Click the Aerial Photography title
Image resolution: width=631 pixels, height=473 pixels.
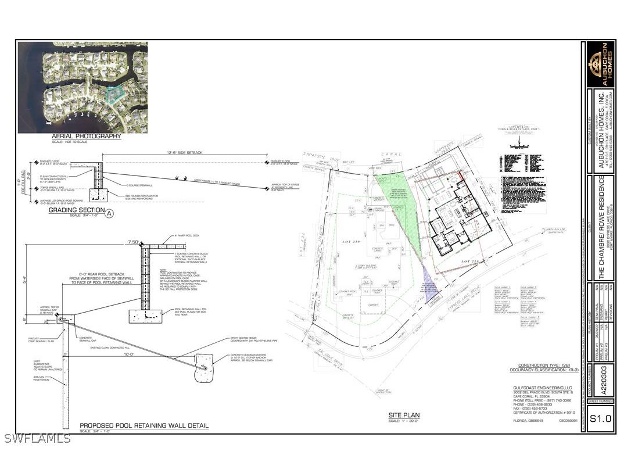[x=87, y=137]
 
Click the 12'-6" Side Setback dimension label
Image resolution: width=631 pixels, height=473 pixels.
[x=184, y=152]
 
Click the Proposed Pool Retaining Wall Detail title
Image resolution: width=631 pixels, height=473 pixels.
[x=144, y=426]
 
